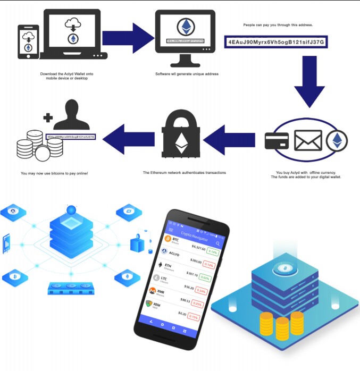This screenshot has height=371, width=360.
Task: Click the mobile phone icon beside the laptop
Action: tap(28, 42)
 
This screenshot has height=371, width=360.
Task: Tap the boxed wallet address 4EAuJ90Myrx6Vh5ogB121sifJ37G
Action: tap(275, 41)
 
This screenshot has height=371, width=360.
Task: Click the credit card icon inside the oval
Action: tap(277, 141)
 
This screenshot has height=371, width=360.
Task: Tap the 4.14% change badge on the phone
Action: tap(213, 252)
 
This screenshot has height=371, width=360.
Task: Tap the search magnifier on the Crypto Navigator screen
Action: tap(217, 243)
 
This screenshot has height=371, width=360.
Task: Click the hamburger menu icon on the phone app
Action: tap(171, 230)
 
